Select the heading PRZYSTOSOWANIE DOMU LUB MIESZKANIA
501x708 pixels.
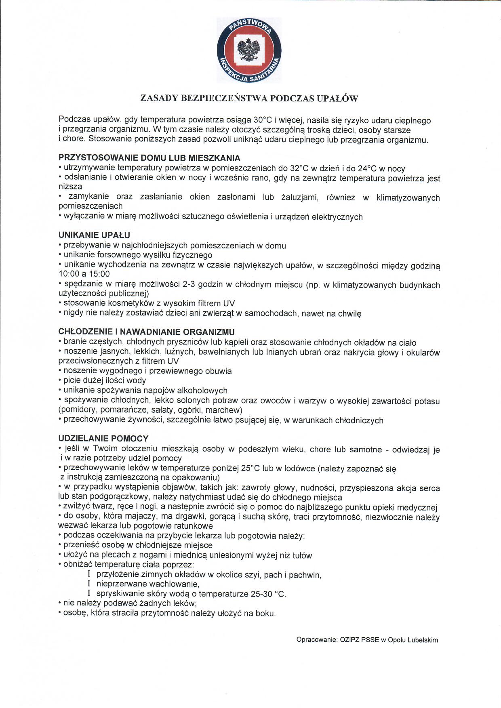(149, 158)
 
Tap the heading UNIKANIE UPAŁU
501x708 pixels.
(94, 235)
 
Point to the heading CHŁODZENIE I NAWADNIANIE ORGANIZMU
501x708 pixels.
(147, 332)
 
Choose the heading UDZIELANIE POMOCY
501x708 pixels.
(103, 438)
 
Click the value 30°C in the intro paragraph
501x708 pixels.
(263, 120)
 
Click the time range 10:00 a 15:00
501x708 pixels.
(84, 274)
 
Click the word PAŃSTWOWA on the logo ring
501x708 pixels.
(249, 27)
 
